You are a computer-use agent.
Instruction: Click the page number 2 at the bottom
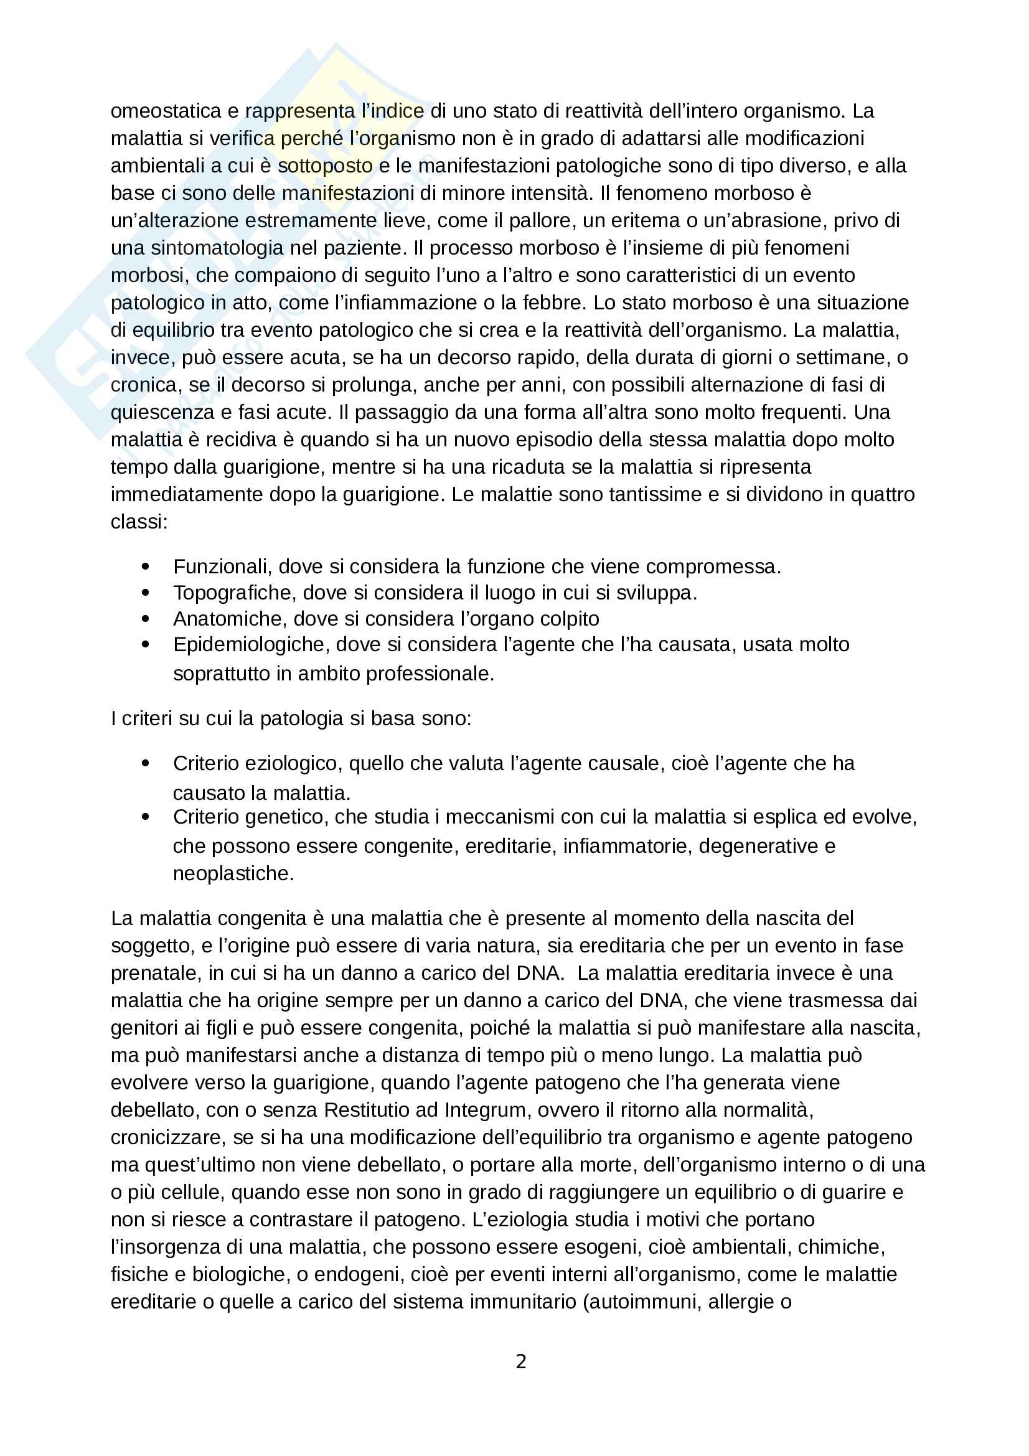point(520,1361)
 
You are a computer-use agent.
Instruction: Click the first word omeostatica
point(166,111)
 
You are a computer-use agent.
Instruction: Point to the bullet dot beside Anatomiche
point(146,618)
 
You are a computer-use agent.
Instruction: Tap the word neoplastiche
point(233,873)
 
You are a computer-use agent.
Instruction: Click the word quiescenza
point(162,412)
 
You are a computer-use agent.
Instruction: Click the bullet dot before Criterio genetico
point(146,817)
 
